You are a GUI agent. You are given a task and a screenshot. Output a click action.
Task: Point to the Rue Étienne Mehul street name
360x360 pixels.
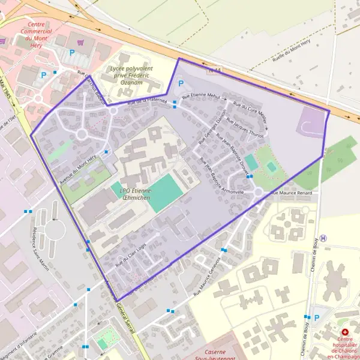coord(202,95)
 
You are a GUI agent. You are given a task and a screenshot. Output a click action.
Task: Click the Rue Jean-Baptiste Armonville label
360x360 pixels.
coord(221,176)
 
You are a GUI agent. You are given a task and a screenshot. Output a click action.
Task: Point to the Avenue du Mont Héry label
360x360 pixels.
coord(78,169)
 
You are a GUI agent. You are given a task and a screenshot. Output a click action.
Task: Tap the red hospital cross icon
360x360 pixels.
coord(344,332)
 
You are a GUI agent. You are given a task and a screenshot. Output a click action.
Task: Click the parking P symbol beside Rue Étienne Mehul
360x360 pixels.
coord(181,84)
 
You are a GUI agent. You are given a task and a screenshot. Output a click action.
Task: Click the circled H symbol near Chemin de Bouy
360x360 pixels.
coord(323,238)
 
